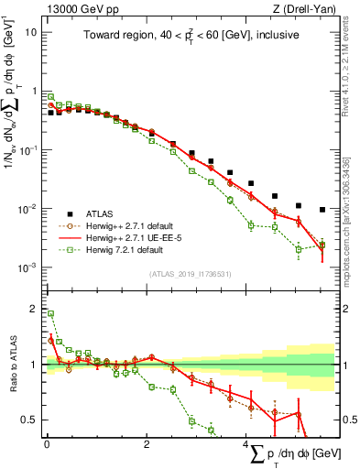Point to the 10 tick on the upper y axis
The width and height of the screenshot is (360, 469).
click(31, 32)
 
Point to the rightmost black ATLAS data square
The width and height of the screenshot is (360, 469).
click(322, 210)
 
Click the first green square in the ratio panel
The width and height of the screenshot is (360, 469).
click(50, 313)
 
